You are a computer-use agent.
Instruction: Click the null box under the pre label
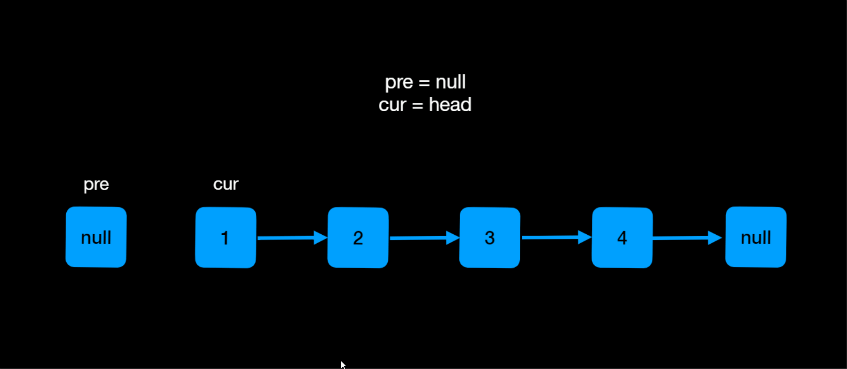[x=96, y=237]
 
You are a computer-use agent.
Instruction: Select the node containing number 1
[x=226, y=238]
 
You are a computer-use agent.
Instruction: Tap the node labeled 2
[x=358, y=238]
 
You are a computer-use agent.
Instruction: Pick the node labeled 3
[x=490, y=238]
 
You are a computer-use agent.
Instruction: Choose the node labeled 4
[x=622, y=238]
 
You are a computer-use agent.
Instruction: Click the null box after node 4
[x=756, y=237]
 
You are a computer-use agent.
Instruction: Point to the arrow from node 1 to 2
[x=289, y=238]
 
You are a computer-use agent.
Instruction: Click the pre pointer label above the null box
[x=96, y=184]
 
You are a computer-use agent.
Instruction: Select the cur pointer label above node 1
[x=226, y=184]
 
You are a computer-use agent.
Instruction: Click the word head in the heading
[x=450, y=105]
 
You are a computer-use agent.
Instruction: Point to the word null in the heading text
[x=450, y=82]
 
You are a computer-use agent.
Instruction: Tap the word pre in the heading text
[x=399, y=83]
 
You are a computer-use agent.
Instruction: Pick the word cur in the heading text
[x=392, y=105]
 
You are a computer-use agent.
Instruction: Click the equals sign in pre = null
[x=424, y=83]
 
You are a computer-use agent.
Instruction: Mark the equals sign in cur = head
[x=417, y=106]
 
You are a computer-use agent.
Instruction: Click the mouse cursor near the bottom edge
[x=343, y=365]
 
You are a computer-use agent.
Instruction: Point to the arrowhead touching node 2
[x=322, y=238]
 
